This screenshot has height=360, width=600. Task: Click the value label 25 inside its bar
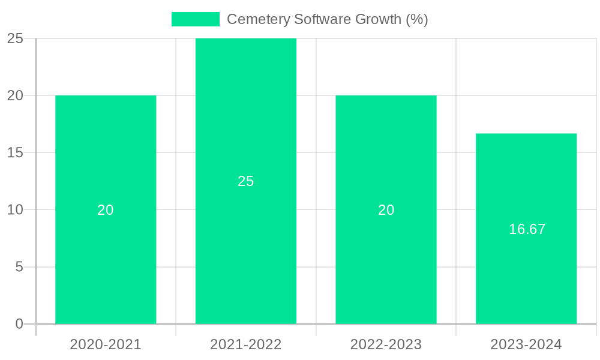click(x=246, y=181)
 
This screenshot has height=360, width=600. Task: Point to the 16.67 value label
click(x=527, y=229)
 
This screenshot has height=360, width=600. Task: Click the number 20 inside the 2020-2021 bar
click(x=106, y=210)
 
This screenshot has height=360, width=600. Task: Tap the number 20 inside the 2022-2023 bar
click(x=386, y=210)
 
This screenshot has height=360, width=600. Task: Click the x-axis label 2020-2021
click(x=106, y=344)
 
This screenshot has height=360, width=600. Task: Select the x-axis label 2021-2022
click(x=246, y=344)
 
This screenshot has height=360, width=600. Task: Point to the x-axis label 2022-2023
click(x=386, y=344)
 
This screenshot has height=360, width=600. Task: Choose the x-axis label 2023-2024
click(x=526, y=344)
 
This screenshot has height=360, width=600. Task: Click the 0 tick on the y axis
click(x=19, y=324)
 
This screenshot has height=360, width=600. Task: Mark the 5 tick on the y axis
click(x=19, y=267)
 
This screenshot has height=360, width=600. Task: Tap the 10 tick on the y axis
click(x=15, y=210)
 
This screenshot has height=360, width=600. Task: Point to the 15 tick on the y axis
click(x=15, y=153)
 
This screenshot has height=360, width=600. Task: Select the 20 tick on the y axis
click(x=15, y=96)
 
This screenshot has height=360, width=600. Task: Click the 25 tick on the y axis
click(x=15, y=39)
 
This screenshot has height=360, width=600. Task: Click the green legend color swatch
click(x=196, y=19)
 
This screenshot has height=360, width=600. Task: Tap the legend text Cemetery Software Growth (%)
click(x=327, y=19)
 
